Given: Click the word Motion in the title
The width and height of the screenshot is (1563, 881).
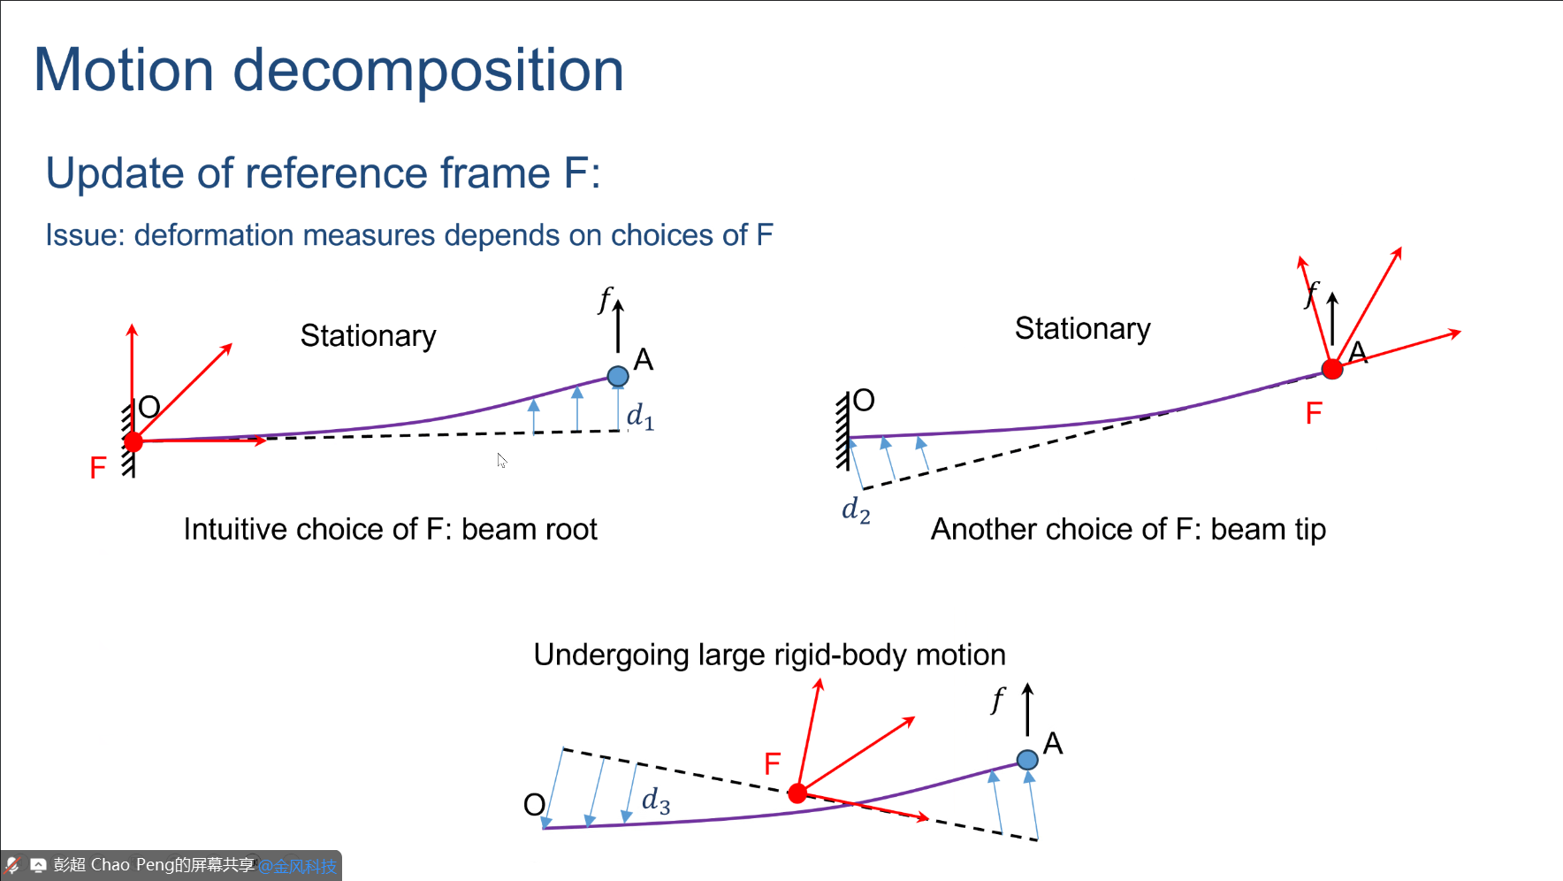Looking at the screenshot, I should tap(124, 70).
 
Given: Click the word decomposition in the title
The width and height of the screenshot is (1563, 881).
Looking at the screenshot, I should tap(428, 72).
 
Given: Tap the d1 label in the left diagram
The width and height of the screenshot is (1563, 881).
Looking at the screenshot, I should tap(640, 416).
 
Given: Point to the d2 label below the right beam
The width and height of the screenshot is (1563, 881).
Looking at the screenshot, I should tap(856, 510).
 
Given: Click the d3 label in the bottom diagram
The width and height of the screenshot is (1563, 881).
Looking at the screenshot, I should tap(655, 801).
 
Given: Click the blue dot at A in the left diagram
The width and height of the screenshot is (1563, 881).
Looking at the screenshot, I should tap(618, 376).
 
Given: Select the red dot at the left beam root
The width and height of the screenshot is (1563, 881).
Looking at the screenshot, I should tap(133, 441).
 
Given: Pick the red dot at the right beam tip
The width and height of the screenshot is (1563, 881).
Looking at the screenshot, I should tap(1332, 369).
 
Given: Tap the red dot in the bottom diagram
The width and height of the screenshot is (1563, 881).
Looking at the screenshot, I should tap(797, 793).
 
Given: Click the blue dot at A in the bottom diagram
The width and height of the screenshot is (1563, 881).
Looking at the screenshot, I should tap(1027, 760).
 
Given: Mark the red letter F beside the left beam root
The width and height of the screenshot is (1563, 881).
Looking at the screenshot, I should tap(98, 468).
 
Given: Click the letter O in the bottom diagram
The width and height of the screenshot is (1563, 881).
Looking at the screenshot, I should tap(534, 805).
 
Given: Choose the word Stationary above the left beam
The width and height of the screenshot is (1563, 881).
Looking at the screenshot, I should tap(368, 336).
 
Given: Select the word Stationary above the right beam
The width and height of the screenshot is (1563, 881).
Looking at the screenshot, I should tap(1082, 329).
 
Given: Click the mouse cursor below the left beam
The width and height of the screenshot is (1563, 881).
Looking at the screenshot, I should tap(501, 460).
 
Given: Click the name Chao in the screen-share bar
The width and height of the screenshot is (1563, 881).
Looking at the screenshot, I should tap(110, 864).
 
